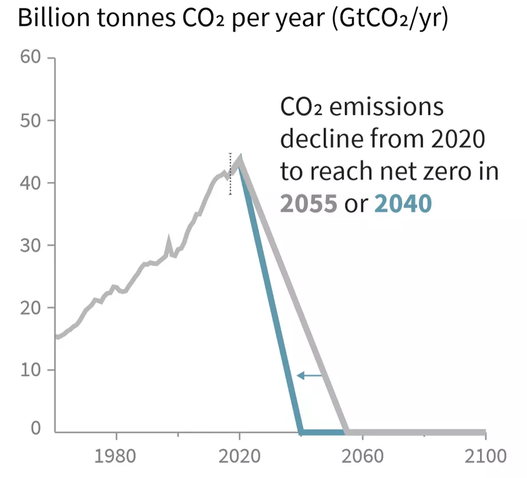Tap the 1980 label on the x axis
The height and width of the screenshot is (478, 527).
117,456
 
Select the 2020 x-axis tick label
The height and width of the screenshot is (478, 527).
240,456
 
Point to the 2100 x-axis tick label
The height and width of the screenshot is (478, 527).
485,456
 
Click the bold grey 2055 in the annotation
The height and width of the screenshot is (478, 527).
308,203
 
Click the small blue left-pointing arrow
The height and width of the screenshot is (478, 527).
310,376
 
